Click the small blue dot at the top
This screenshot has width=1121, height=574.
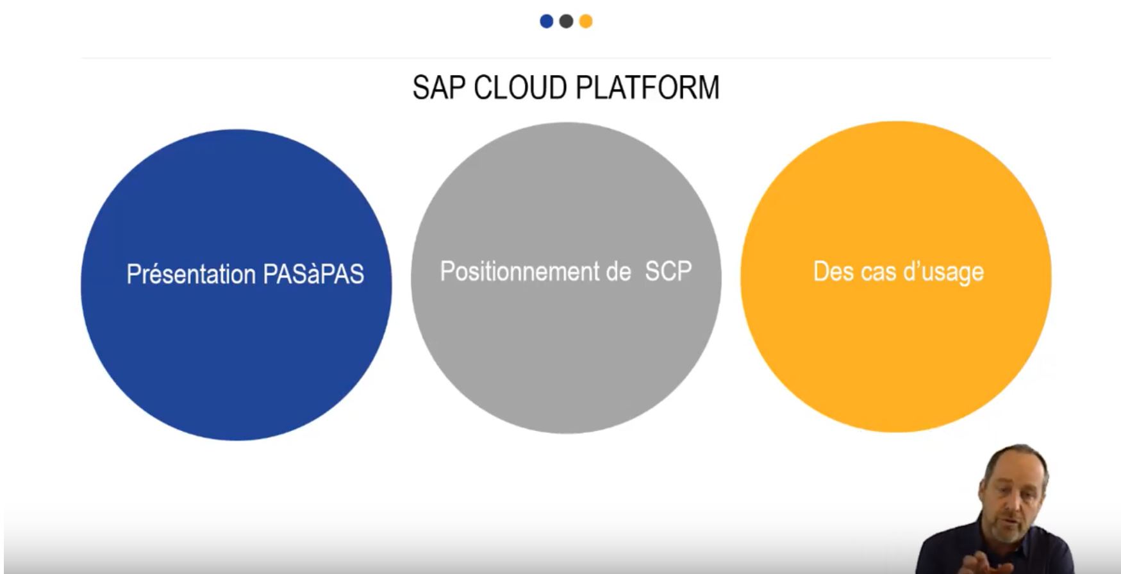(546, 21)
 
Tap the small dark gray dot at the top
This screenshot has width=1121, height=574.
(566, 21)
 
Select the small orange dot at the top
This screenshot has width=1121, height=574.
(586, 21)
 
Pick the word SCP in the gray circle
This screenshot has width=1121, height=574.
(668, 271)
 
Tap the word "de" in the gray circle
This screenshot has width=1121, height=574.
(618, 271)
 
